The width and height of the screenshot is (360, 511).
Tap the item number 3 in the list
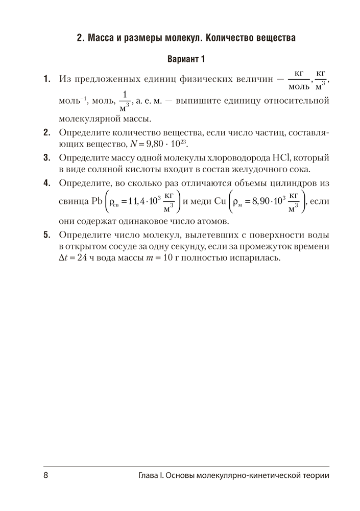pyautogui.click(x=46, y=157)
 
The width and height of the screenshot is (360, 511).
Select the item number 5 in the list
pyautogui.click(x=46, y=235)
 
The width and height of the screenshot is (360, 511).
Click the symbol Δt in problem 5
pyautogui.click(x=63, y=259)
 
